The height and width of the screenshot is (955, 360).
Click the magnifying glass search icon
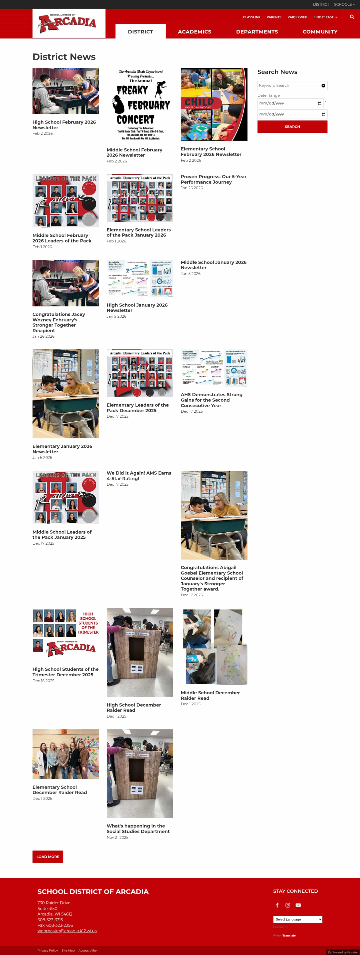351,17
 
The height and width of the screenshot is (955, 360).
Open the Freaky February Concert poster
140,104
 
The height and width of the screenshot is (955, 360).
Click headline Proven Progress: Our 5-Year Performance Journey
213,179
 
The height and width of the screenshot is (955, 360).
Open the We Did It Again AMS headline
139,475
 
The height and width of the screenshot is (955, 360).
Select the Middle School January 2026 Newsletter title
213,265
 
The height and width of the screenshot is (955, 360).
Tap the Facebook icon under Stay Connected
277,905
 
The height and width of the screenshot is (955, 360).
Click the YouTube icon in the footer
298,905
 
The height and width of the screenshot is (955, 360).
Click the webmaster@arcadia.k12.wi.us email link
67,931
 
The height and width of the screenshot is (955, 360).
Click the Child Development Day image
214,104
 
